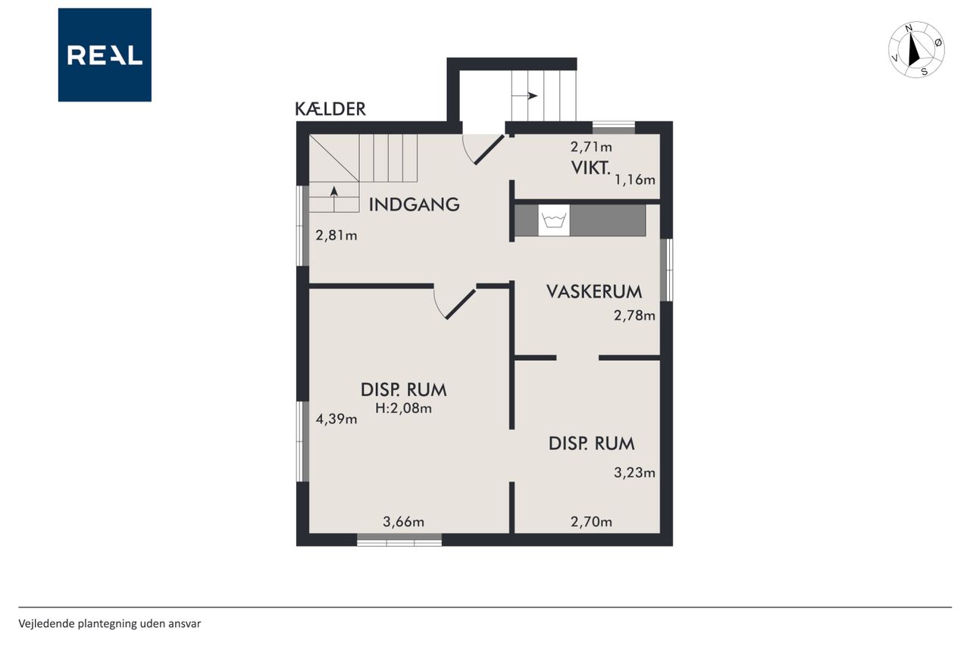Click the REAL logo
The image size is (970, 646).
coord(105,55)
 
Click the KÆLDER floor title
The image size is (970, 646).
coord(330,109)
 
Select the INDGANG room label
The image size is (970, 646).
coord(414,204)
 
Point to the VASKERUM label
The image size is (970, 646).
coord(594,292)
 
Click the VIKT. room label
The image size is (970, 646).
coord(590,168)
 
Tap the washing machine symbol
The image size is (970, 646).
coord(554,220)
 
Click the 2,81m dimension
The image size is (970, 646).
coord(336,236)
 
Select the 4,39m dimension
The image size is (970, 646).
coord(336,420)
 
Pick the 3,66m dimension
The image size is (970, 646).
coord(404,522)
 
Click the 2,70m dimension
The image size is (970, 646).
coord(592,522)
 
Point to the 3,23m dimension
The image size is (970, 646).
coord(634,473)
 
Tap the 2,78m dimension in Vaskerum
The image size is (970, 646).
coord(634,316)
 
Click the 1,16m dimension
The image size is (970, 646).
coord(635,179)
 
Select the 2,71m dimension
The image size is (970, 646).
coord(592,147)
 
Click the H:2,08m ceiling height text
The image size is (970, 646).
coord(404,408)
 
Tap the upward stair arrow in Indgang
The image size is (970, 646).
coord(334,198)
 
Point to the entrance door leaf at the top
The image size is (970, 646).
coord(490,150)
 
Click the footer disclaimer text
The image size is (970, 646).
coord(110,624)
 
